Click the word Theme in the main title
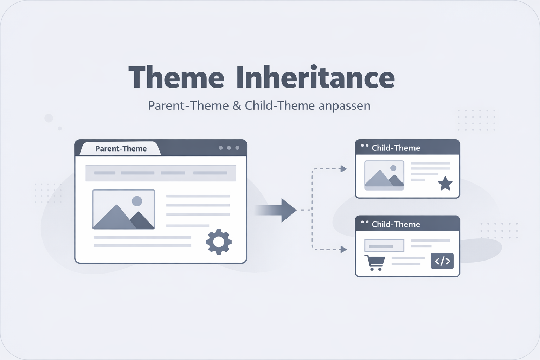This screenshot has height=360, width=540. tap(176, 77)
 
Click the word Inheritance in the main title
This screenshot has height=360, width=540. tap(315, 77)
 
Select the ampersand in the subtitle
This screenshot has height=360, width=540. tap(237, 105)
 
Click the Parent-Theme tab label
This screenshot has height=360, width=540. tap(121, 149)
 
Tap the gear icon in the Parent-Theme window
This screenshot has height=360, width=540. tap(219, 242)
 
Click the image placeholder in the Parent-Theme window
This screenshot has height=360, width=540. tap(123, 210)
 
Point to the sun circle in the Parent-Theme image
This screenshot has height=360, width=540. tap(137, 201)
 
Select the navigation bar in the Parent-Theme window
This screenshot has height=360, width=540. tap(161, 173)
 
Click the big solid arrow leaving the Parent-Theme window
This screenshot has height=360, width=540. tap(278, 210)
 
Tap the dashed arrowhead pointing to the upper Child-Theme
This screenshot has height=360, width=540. tap(343, 169)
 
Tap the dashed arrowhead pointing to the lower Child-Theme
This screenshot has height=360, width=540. tap(343, 250)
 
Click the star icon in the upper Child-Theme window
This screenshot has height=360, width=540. tap(445, 184)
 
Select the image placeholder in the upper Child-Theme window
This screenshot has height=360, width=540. tap(384, 175)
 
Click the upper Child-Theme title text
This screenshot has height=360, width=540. tap(396, 148)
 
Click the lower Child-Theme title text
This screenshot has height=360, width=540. tap(396, 224)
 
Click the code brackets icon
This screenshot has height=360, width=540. tap(442, 261)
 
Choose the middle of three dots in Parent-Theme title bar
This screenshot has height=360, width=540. tap(229, 148)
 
